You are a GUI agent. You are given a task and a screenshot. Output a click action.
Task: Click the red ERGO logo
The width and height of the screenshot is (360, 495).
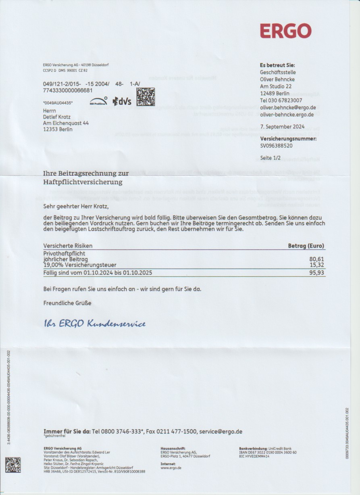(x=285, y=31)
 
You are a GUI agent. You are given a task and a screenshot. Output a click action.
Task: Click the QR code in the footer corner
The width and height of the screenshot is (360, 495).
(x=13, y=465)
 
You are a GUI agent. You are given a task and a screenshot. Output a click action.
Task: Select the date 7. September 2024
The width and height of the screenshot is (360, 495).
(x=281, y=126)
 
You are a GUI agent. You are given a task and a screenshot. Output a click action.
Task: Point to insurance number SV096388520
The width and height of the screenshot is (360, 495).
(x=277, y=146)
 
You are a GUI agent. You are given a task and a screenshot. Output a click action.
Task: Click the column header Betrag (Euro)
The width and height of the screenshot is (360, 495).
(x=306, y=246)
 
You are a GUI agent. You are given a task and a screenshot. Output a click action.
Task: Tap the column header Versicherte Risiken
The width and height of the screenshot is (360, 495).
(x=68, y=246)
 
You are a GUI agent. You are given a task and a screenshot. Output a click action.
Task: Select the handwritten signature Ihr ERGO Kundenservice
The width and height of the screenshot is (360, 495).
(x=95, y=324)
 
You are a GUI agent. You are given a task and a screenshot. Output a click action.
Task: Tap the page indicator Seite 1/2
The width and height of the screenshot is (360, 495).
(x=271, y=158)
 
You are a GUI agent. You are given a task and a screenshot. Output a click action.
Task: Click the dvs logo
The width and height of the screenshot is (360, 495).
(x=122, y=101)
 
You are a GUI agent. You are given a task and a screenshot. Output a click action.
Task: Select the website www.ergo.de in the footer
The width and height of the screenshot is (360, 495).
(x=171, y=468)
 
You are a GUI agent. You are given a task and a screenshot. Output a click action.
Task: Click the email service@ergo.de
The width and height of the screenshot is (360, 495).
(x=221, y=432)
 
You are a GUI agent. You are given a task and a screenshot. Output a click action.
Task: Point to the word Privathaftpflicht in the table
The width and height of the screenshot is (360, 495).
(x=64, y=253)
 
